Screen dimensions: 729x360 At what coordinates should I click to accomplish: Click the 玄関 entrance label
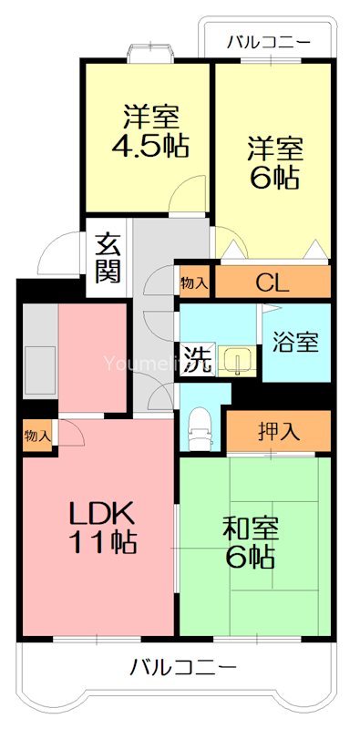pos(108,258)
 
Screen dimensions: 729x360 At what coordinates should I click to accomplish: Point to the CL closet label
pos(272,283)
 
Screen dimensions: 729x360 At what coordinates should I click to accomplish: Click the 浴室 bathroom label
pos(296,343)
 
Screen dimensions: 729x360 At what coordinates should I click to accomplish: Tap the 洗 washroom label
pos(196,359)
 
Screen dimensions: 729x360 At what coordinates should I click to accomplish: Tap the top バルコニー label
pos(268,42)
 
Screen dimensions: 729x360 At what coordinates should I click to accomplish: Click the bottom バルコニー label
pos(182,667)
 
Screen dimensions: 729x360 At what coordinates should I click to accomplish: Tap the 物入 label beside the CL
pos(194,282)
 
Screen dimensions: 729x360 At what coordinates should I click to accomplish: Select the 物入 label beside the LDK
pos(37,436)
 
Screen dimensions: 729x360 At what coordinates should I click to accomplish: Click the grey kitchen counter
pos(39,360)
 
